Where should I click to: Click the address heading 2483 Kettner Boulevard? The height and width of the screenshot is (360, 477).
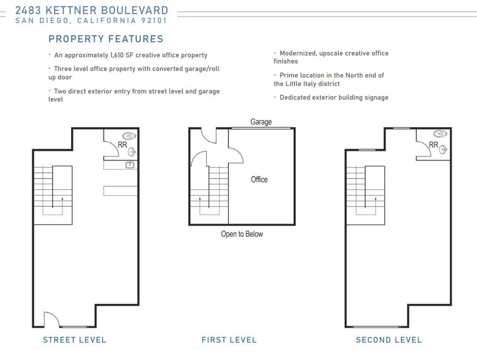(92, 10)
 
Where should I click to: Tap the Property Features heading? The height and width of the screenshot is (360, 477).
(106, 39)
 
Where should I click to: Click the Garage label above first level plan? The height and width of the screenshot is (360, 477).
(261, 122)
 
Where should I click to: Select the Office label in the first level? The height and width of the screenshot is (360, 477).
(259, 180)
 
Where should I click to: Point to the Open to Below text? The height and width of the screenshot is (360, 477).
(242, 234)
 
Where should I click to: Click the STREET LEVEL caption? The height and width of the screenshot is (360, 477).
(74, 340)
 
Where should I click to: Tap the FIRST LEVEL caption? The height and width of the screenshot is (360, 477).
(229, 340)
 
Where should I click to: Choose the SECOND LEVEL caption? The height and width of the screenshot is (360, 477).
(389, 340)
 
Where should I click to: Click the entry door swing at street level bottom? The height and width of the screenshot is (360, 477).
(51, 320)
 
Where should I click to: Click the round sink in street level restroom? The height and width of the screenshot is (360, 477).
(132, 152)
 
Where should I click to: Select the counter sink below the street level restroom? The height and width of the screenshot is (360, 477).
(130, 164)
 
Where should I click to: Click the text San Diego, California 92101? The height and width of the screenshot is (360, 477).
(91, 21)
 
